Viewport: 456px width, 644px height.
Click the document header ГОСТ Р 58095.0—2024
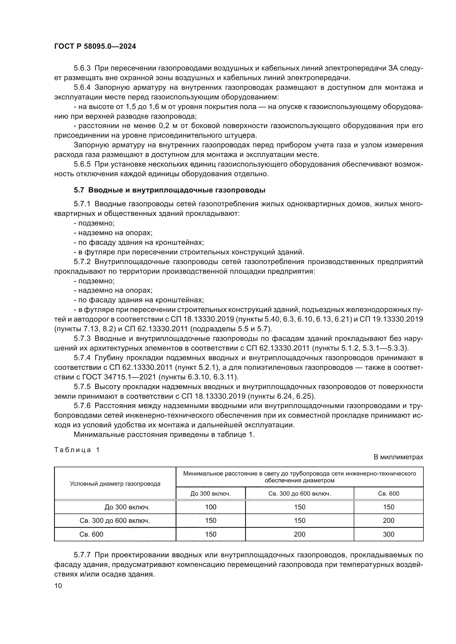click(x=95, y=47)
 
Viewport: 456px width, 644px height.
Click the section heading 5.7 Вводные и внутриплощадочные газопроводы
click(x=169, y=190)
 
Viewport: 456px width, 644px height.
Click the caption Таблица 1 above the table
click(x=77, y=450)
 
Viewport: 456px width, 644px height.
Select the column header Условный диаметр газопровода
click(x=115, y=484)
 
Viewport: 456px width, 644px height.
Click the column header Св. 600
click(x=388, y=494)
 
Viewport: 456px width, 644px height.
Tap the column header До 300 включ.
click(x=211, y=494)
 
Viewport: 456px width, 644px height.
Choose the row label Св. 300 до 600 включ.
click(x=115, y=521)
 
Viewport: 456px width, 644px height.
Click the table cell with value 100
click(x=211, y=507)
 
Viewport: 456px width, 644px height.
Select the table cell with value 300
click(x=388, y=534)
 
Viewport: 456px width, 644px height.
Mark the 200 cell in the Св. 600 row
click(x=300, y=534)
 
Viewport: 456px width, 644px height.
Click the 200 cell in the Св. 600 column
click(x=388, y=521)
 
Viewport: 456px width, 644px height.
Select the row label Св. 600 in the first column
click(x=91, y=534)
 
